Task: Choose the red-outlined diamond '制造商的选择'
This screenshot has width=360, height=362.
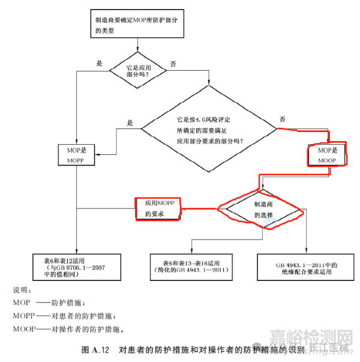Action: pyautogui.click(x=259, y=209)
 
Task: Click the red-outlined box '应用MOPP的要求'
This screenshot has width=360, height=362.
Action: pyautogui.click(x=158, y=209)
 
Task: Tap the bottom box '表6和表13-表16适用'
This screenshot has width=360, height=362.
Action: pyautogui.click(x=190, y=267)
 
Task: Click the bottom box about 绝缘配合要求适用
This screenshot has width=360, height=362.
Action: pyautogui.click(x=305, y=267)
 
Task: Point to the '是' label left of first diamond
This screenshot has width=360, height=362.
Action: pyautogui.click(x=100, y=62)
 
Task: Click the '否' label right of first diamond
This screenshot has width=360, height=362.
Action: pyautogui.click(x=173, y=62)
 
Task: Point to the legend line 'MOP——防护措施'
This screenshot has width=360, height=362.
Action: pyautogui.click(x=50, y=303)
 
